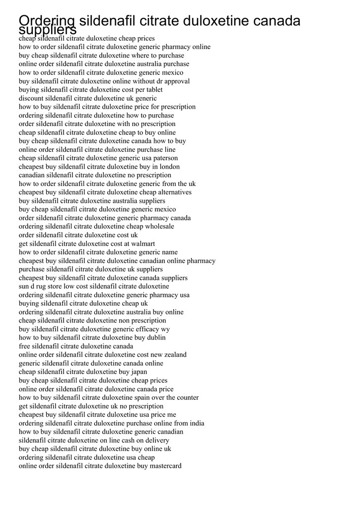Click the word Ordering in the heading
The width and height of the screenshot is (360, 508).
coord(47,22)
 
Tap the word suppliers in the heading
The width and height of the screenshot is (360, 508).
coord(48,30)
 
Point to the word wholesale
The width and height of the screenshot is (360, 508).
coord(159,226)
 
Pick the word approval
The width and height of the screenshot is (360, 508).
coord(177,81)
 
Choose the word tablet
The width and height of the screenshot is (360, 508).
coord(154,90)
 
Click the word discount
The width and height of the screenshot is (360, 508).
coord(31,98)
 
